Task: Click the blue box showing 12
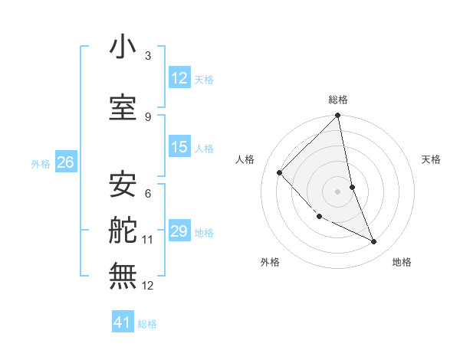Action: click(179, 77)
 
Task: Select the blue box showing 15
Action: click(179, 147)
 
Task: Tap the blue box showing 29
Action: click(179, 231)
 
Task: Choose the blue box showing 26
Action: click(65, 162)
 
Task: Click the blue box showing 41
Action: click(123, 322)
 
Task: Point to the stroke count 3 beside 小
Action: click(148, 56)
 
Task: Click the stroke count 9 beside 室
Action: click(148, 116)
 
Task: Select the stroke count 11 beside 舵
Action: click(148, 240)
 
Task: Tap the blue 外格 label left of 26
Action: click(41, 163)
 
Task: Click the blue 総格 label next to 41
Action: click(147, 324)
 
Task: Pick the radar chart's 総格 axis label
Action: click(338, 100)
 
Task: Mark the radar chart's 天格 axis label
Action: click(432, 159)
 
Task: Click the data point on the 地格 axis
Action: click(374, 242)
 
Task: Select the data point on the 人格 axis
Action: click(280, 172)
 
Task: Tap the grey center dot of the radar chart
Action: click(338, 191)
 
